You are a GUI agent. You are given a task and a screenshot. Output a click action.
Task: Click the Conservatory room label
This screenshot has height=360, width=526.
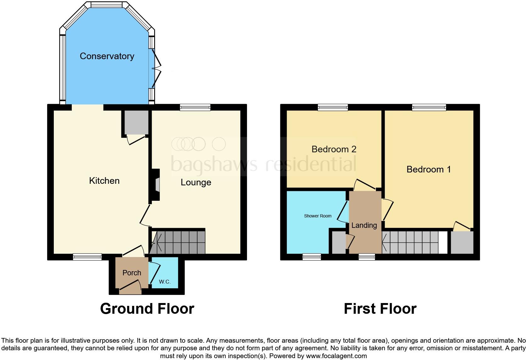pyautogui.click(x=107, y=56)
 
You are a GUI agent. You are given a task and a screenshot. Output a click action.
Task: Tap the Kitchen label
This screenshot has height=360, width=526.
pyautogui.click(x=104, y=181)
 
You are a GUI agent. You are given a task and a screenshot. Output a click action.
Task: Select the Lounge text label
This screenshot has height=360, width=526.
pyautogui.click(x=196, y=183)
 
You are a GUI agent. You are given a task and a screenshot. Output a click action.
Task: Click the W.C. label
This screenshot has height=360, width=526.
pyautogui.click(x=165, y=282)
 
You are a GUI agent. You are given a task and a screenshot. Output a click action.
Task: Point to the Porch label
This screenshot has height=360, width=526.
pyautogui.click(x=131, y=273)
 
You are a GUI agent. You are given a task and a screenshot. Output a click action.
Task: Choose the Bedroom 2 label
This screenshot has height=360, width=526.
pyautogui.click(x=334, y=149)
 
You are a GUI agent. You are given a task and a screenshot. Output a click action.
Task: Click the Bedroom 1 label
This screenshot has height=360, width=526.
pyautogui.click(x=428, y=169)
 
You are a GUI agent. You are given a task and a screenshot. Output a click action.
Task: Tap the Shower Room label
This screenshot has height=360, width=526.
pyautogui.click(x=317, y=216)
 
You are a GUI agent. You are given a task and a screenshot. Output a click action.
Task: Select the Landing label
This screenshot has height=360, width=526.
pyautogui.click(x=364, y=225)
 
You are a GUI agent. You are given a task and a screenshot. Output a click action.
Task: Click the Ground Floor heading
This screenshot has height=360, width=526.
pyautogui.click(x=147, y=309)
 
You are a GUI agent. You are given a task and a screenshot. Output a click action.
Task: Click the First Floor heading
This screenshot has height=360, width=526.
pyautogui.click(x=380, y=309)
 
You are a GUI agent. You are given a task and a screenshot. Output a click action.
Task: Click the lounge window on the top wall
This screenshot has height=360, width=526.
pyautogui.click(x=195, y=108)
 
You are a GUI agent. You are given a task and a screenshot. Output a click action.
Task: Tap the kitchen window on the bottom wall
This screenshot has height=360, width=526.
pyautogui.click(x=87, y=257)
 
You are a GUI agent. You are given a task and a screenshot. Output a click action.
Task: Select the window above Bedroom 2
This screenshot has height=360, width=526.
pyautogui.click(x=333, y=108)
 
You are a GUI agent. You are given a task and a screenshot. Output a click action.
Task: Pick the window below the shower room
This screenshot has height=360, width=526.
pyautogui.click(x=312, y=257)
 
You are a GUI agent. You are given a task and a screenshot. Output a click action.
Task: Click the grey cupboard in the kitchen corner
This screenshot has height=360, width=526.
pyautogui.click(x=136, y=122)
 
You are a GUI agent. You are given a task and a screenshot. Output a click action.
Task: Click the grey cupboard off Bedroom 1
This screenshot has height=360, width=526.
pyautogui.click(x=462, y=242)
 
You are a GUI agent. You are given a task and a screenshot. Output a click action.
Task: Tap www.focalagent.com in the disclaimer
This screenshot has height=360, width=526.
pyautogui.click(x=336, y=356)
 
